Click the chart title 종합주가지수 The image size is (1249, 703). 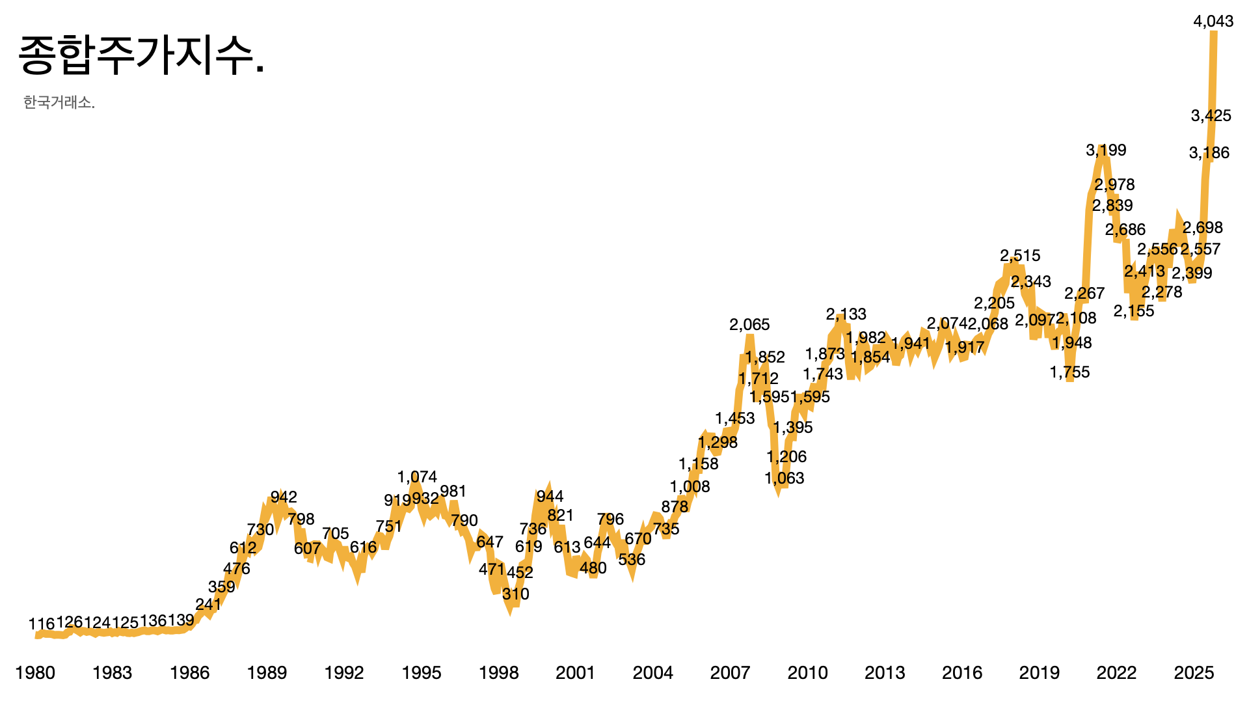click(x=141, y=56)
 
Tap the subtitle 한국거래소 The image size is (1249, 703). click(x=59, y=103)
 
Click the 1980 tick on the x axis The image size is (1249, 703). click(x=35, y=673)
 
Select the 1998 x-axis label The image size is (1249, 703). click(x=498, y=673)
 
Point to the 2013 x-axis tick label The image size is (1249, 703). click(x=885, y=673)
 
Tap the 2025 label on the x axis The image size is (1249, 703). click(x=1194, y=673)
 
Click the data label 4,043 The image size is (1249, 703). click(x=1213, y=21)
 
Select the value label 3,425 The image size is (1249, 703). click(x=1211, y=116)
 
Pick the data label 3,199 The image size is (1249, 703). click(x=1106, y=150)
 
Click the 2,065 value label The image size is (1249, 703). click(x=749, y=325)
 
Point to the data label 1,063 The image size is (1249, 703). click(x=785, y=478)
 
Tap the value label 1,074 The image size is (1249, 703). click(x=417, y=477)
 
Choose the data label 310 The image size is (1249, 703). click(x=515, y=594)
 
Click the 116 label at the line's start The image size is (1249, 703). click(x=42, y=625)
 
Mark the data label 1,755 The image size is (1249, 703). click(x=1069, y=372)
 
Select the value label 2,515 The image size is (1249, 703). click(x=1020, y=256)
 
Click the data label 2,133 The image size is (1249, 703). click(x=846, y=314)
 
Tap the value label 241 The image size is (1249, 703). click(x=208, y=605)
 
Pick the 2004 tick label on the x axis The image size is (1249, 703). click(x=653, y=673)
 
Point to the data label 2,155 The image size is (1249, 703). click(x=1134, y=311)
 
